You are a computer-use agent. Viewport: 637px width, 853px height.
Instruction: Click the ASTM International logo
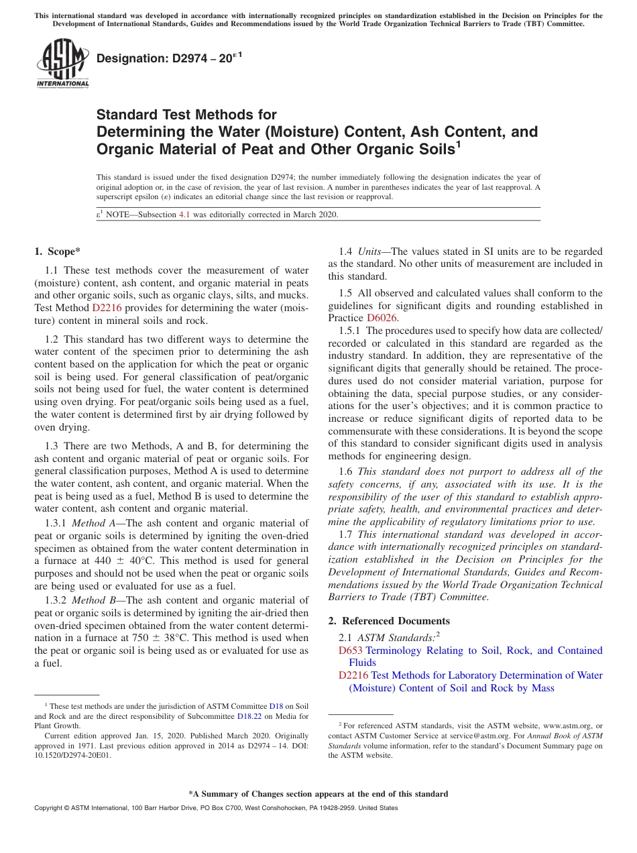(62, 64)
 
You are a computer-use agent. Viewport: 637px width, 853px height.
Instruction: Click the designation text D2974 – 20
(164, 60)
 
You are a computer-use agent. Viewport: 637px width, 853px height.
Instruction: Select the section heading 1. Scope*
(57, 251)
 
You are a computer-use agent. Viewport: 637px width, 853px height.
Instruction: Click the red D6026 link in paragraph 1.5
(382, 318)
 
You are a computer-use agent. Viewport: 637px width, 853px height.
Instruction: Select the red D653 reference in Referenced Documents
(350, 650)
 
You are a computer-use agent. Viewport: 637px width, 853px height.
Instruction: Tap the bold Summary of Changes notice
(318, 794)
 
